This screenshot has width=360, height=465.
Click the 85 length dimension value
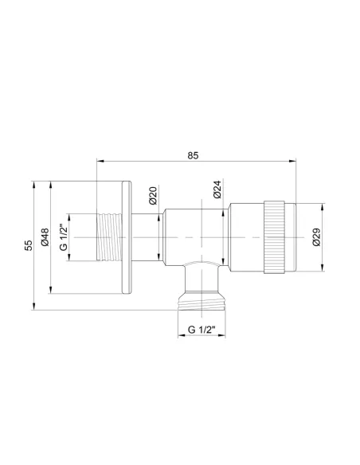[194, 154]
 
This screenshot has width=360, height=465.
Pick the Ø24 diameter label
[217, 190]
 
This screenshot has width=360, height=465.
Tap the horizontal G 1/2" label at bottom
[202, 329]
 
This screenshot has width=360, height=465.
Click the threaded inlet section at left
[109, 237]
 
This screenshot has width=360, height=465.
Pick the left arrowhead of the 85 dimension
[99, 161]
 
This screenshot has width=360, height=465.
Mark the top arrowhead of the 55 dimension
[35, 184]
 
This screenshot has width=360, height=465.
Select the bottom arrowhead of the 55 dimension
[35, 307]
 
